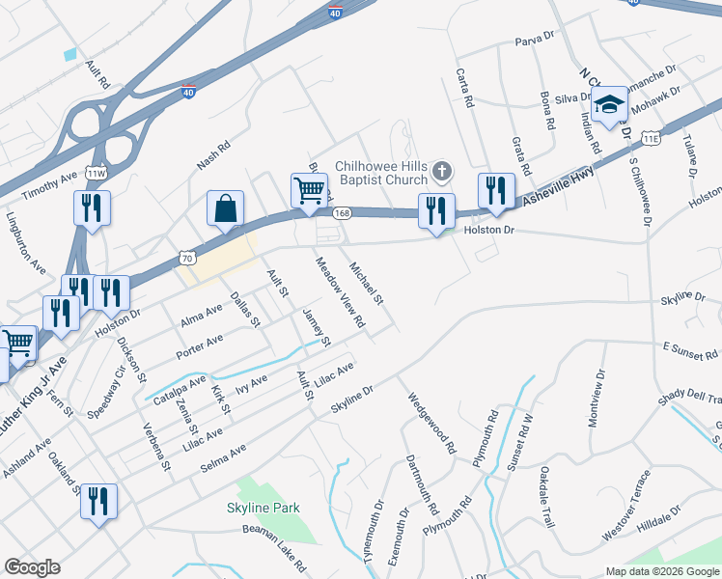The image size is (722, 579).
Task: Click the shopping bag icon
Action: click(225, 208)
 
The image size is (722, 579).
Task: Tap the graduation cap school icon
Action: click(609, 105)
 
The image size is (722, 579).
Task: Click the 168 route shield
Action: click(341, 212)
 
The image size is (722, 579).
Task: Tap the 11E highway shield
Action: click(652, 139)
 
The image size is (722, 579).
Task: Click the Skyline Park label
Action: click(264, 508)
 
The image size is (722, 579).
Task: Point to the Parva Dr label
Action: click(537, 40)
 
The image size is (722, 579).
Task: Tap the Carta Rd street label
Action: click(466, 88)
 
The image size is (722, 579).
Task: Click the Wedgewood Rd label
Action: click(430, 423)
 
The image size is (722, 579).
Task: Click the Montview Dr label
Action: click(596, 397)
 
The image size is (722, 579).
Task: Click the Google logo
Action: click(32, 567)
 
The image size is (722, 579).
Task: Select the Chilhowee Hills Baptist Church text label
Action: click(380, 173)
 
